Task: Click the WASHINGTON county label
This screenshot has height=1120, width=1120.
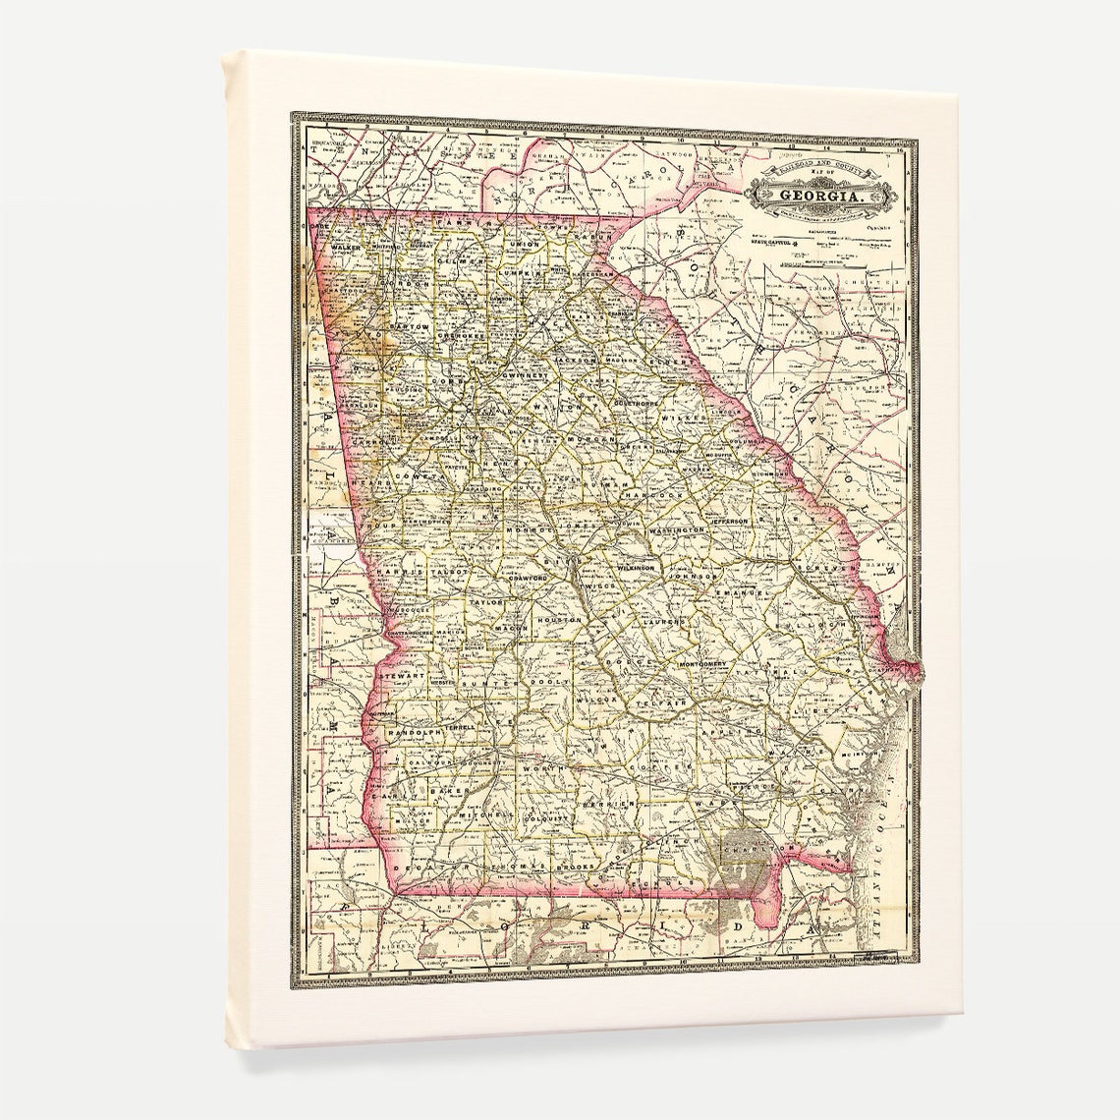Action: coord(676,530)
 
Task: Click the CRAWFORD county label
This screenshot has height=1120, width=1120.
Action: coord(530,579)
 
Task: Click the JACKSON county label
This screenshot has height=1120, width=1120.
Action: coord(576,361)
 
